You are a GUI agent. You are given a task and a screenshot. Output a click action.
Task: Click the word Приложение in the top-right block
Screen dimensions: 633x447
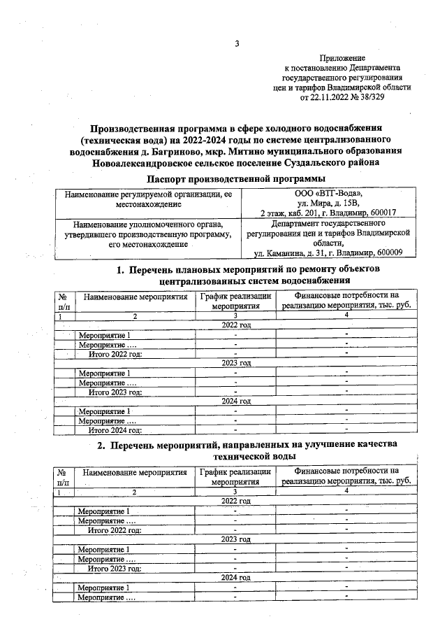click(342, 58)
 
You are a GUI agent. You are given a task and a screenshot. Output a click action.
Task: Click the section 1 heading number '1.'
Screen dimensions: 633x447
click(120, 269)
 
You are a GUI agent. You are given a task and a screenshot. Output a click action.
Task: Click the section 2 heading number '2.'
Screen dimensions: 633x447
click(101, 445)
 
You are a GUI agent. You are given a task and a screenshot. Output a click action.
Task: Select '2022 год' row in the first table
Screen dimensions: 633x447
click(236, 326)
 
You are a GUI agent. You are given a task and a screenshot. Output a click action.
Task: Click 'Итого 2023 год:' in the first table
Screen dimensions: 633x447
click(115, 392)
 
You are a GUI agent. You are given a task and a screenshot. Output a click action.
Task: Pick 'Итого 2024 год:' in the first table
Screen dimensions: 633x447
click(115, 429)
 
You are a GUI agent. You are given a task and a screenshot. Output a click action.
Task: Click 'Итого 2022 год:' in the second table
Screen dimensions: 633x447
click(115, 530)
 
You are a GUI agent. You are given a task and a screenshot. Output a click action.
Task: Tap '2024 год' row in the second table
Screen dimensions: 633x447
click(236, 578)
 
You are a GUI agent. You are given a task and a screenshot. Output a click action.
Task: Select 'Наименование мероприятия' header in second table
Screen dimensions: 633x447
click(135, 473)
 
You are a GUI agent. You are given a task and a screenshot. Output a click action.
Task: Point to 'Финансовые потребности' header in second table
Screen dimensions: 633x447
click(346, 471)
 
